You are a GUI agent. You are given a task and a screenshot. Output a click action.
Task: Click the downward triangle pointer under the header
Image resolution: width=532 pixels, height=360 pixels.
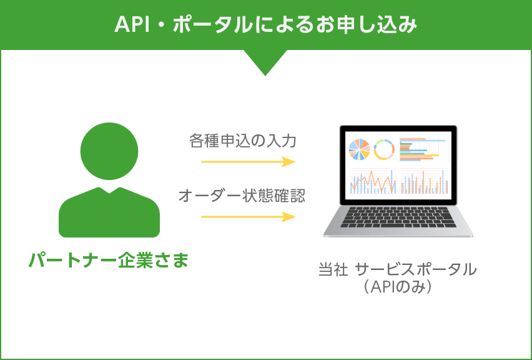[x=265, y=62]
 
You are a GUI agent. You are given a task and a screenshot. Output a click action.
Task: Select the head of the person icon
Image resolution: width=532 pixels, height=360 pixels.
[x=109, y=151]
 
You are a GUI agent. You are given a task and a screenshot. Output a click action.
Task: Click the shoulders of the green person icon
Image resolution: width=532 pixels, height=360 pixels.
[x=109, y=212]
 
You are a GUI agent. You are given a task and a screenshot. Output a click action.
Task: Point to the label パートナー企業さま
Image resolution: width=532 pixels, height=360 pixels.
[x=109, y=259]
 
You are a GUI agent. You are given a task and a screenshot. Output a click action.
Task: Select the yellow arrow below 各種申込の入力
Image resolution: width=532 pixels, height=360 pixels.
[x=248, y=162]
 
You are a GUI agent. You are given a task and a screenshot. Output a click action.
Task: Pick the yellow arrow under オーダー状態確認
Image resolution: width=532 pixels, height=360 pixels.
[x=248, y=217]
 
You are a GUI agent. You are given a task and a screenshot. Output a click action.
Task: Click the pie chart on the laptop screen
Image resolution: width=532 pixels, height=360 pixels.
[x=358, y=149]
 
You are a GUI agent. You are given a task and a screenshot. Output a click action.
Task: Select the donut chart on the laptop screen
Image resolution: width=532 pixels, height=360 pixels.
[x=383, y=149]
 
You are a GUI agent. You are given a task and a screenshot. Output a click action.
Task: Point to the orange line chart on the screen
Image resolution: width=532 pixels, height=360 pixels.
[x=372, y=181]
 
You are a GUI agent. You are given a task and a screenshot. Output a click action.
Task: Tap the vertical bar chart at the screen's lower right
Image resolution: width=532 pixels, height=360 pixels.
[x=425, y=181]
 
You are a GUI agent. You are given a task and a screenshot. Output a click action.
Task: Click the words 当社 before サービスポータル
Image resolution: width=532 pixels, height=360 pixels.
[x=333, y=270]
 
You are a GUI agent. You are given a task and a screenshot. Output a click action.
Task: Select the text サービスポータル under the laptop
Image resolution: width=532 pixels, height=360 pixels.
[x=416, y=270]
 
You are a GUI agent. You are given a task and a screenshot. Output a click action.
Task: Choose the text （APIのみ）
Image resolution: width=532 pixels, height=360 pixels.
[x=397, y=287]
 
